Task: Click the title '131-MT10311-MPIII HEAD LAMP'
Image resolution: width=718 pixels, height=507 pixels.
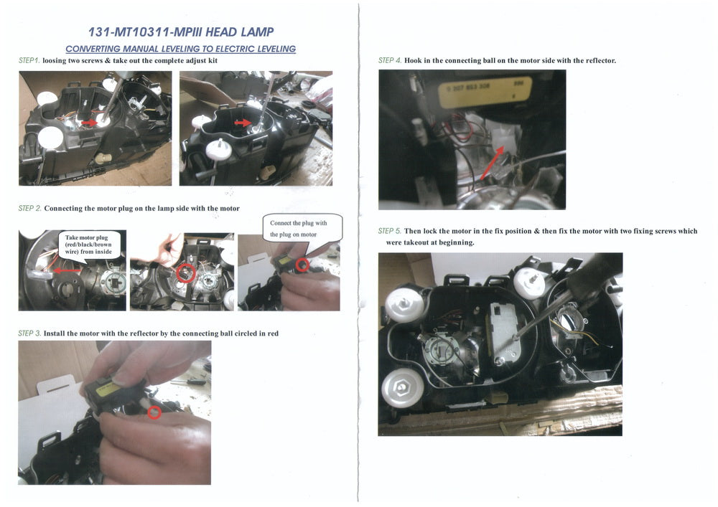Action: [x=181, y=32]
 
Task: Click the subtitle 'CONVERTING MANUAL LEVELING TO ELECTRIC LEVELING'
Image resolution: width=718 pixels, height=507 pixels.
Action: [x=180, y=49]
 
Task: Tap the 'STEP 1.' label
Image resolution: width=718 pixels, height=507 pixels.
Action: [x=29, y=60]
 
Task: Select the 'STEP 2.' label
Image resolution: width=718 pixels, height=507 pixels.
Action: [x=29, y=209]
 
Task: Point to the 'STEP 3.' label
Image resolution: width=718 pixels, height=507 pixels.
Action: [x=29, y=333]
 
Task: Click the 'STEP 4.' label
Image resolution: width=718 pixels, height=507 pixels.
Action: [x=390, y=60]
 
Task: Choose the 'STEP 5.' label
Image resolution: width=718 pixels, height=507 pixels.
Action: [x=390, y=231]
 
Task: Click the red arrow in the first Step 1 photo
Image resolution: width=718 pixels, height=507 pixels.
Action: [x=89, y=123]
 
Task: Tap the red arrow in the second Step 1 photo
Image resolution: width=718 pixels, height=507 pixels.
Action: [x=242, y=123]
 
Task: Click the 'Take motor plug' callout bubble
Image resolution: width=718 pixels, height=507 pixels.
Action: [x=88, y=245]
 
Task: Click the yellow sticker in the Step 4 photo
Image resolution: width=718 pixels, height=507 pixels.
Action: [x=486, y=91]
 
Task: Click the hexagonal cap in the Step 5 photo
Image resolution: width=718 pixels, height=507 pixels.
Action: [x=401, y=387]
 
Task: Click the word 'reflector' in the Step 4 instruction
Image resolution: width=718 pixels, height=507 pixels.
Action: [x=600, y=60]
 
